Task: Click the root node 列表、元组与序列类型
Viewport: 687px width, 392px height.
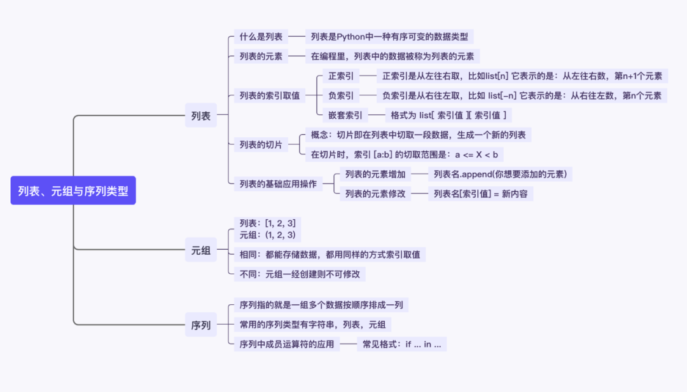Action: coord(73,191)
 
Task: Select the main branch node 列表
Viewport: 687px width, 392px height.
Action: coord(200,116)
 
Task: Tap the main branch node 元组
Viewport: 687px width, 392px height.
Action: coord(200,250)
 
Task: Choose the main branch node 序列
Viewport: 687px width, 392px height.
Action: coord(200,325)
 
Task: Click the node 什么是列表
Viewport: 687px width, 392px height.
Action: coord(261,36)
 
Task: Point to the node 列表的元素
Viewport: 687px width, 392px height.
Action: coord(261,56)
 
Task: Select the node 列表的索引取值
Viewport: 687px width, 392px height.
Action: coord(269,96)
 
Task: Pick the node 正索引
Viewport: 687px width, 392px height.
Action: coord(337,76)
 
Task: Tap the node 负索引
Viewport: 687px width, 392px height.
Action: coord(337,96)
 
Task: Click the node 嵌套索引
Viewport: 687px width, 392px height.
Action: coord(345,116)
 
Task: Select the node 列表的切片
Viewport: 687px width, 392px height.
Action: coord(261,144)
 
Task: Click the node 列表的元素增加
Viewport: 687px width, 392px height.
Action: coord(375,174)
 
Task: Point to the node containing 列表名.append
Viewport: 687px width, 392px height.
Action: coord(500,174)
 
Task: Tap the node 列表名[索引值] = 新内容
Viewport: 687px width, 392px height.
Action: coord(480,194)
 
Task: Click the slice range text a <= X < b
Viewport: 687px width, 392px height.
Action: coord(476,154)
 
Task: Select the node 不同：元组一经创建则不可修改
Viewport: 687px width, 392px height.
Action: coord(300,274)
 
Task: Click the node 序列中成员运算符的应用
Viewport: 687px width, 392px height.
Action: coord(286,344)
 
